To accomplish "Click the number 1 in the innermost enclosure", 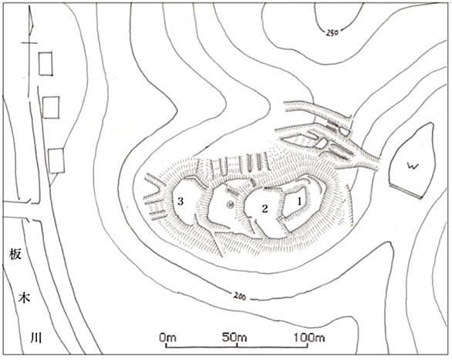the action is [x=299, y=202].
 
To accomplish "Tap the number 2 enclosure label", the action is [x=265, y=208].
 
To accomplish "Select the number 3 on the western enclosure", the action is [x=180, y=201].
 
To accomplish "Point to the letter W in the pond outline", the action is [x=413, y=166].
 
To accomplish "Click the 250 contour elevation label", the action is [x=332, y=32].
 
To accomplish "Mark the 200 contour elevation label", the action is [x=240, y=296].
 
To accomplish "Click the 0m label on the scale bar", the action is [x=168, y=337].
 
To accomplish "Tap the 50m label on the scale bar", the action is [x=234, y=337].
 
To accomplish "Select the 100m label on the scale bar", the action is [x=310, y=337].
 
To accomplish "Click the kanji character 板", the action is [x=15, y=254].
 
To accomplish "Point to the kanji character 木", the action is [x=24, y=298].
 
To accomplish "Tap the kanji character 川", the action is [x=36, y=338].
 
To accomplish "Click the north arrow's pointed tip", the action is [x=29, y=5].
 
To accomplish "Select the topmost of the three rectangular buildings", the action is [x=46, y=64].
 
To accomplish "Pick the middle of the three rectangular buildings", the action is [x=51, y=107].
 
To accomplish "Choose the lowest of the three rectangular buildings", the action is [x=56, y=160].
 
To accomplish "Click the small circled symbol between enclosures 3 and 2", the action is [x=231, y=205].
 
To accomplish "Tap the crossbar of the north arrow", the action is [x=29, y=43].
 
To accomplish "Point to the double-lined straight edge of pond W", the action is [x=405, y=191].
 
